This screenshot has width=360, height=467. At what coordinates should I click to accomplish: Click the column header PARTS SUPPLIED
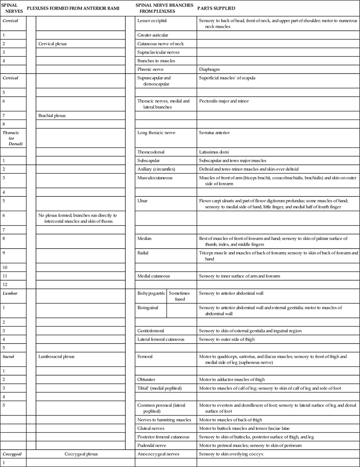click(x=216, y=8)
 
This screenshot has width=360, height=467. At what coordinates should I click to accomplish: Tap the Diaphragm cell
click(x=209, y=69)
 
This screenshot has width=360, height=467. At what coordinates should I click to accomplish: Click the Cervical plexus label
click(x=53, y=44)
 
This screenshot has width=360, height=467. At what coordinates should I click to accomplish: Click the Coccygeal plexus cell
click(x=81, y=454)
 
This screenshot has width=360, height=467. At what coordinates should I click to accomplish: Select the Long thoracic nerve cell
click(x=156, y=133)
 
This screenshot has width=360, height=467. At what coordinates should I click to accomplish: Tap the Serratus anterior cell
click(x=214, y=133)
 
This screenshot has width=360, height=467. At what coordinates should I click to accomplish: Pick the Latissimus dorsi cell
click(x=214, y=152)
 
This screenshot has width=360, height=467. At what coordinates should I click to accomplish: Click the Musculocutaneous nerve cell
click(x=155, y=178)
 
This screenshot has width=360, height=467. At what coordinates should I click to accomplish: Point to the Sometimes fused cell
click(x=179, y=296)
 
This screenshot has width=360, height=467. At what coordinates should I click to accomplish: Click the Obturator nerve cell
click(x=146, y=379)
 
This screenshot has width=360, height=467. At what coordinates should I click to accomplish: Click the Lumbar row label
click(x=10, y=293)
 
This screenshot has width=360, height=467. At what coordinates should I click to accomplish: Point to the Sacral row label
click(x=9, y=357)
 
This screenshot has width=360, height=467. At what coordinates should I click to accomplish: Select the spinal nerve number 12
click(x=5, y=285)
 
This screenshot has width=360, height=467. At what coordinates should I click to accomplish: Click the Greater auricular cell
click(x=153, y=35)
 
